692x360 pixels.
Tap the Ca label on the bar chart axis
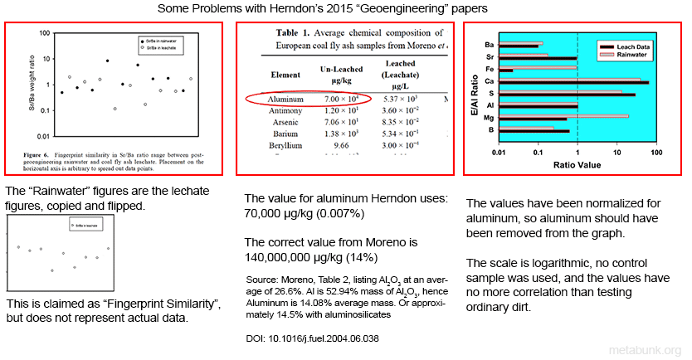pyautogui.click(x=490, y=81)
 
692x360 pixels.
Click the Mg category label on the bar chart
pyautogui.click(x=490, y=118)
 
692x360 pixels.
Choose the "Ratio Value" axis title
pyautogui.click(x=577, y=164)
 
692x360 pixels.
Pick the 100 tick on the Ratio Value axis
pyautogui.click(x=655, y=152)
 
